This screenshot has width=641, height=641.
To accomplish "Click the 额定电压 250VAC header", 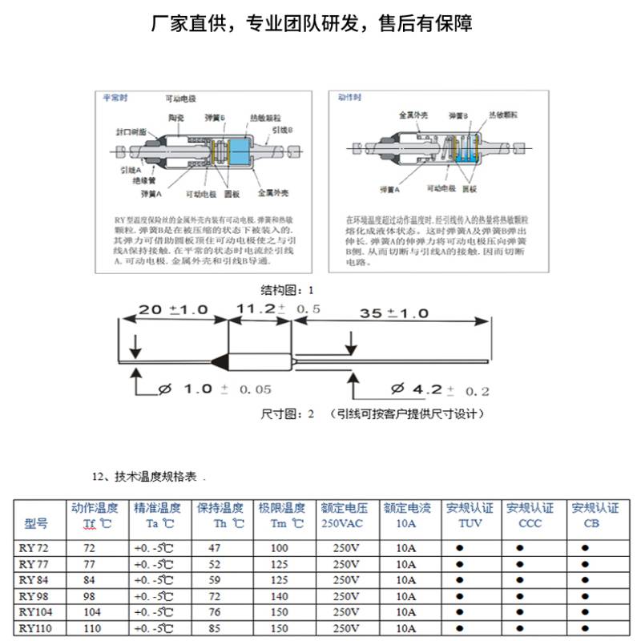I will coord(344,515).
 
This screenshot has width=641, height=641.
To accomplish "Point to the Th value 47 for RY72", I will coord(215,549).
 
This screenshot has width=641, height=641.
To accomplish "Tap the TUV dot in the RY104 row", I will coord(460,612).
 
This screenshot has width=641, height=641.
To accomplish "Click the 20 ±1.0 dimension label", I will coord(173,310).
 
